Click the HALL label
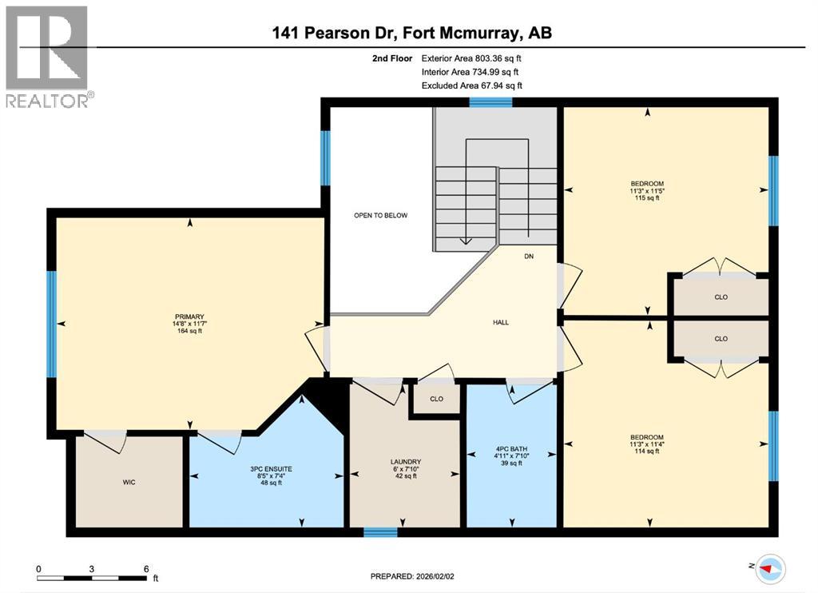(501, 323)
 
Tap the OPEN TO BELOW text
(381, 216)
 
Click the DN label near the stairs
(529, 257)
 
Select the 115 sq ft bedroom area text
(647, 198)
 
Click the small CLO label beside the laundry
(436, 399)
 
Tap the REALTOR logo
(47, 57)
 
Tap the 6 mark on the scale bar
(146, 569)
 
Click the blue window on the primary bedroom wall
(52, 324)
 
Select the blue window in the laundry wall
(380, 531)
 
